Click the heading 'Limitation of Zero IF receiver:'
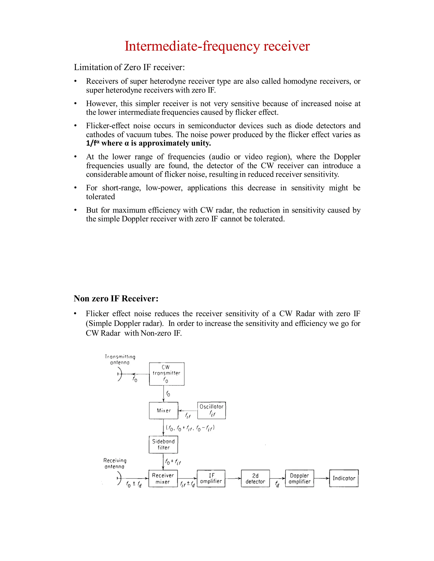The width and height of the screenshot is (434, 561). (x=129, y=67)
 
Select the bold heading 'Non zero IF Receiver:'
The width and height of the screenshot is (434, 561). (x=116, y=298)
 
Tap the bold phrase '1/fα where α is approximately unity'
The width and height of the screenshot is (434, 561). (x=148, y=143)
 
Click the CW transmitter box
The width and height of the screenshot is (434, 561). (x=167, y=374)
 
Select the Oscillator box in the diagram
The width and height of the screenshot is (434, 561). (x=211, y=410)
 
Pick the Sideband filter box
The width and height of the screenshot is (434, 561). (x=163, y=444)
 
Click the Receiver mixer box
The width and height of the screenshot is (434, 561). (x=163, y=478)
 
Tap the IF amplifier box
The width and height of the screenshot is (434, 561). (x=211, y=478)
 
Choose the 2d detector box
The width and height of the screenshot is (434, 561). (x=255, y=478)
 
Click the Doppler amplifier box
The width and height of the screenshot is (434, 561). (x=299, y=478)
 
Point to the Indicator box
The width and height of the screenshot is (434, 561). (x=344, y=478)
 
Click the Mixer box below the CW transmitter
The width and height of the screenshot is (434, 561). (x=164, y=410)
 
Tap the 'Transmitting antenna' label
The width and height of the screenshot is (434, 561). (x=120, y=359)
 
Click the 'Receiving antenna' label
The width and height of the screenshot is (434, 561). (x=115, y=463)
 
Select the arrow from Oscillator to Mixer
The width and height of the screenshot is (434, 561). (x=188, y=410)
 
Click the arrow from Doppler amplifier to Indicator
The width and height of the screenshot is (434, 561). (x=322, y=478)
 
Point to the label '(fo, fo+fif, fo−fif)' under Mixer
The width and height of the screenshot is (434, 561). (x=190, y=428)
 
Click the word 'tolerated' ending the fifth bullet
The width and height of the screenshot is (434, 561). (x=100, y=197)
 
